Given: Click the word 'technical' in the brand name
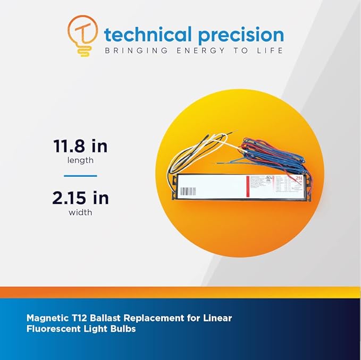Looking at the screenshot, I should point(148,35).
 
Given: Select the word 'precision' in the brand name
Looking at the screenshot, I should point(240,35).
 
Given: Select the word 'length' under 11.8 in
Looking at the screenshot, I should point(80,160).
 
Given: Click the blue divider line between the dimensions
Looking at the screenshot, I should point(80,175).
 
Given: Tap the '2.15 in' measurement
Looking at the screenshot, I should point(80,198).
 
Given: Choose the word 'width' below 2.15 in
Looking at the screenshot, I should point(80,212).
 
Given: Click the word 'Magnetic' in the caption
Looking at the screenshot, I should point(47,319).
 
